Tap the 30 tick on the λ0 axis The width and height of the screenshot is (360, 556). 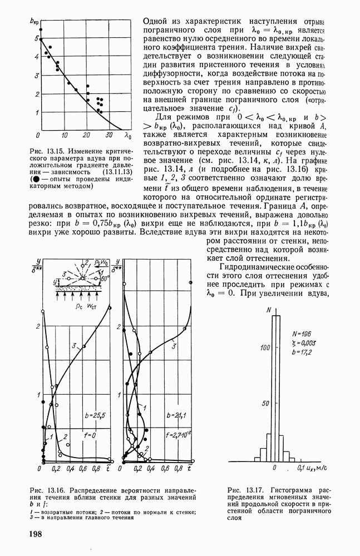tap(110, 136)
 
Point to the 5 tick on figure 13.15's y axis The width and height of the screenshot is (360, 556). tap(36, 38)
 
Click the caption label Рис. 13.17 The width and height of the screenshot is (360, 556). tap(242, 489)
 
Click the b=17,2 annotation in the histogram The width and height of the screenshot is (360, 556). tap(303, 353)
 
